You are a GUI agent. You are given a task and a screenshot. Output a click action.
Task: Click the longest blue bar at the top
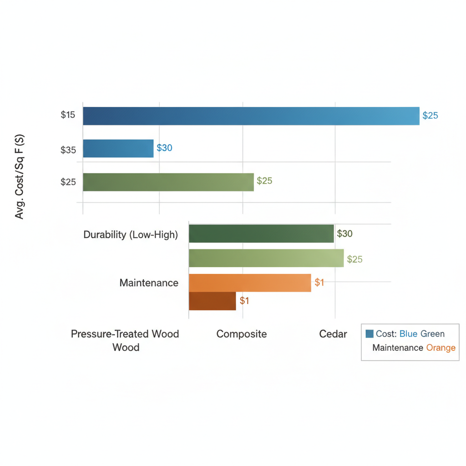(250, 116)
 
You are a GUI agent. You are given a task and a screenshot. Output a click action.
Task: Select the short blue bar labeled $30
(118, 148)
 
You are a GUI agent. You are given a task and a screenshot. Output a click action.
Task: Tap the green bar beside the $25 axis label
(168, 182)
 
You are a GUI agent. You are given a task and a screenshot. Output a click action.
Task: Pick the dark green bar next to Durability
(261, 234)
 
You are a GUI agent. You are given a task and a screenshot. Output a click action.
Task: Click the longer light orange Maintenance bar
(249, 283)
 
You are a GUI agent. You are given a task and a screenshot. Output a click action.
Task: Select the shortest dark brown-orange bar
(212, 301)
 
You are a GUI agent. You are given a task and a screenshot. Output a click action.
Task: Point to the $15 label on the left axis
(68, 115)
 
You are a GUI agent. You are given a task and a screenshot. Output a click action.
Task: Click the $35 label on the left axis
(68, 150)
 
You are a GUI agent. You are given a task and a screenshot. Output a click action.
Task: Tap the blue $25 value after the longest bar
(430, 116)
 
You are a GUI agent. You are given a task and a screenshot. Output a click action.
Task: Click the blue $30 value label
(164, 148)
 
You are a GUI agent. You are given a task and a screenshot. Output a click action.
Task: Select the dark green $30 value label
(344, 234)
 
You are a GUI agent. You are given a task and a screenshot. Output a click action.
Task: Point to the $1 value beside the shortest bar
(244, 301)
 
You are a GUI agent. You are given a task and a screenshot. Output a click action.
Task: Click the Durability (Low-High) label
(131, 235)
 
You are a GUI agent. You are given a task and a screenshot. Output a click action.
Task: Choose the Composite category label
(242, 334)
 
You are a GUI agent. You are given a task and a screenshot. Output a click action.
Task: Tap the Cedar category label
(333, 334)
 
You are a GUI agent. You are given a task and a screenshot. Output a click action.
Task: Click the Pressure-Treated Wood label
(125, 334)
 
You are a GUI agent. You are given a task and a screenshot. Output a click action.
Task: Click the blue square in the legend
(370, 334)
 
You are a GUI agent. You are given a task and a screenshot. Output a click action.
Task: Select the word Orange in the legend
(441, 348)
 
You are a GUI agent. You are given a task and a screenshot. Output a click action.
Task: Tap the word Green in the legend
(432, 334)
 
